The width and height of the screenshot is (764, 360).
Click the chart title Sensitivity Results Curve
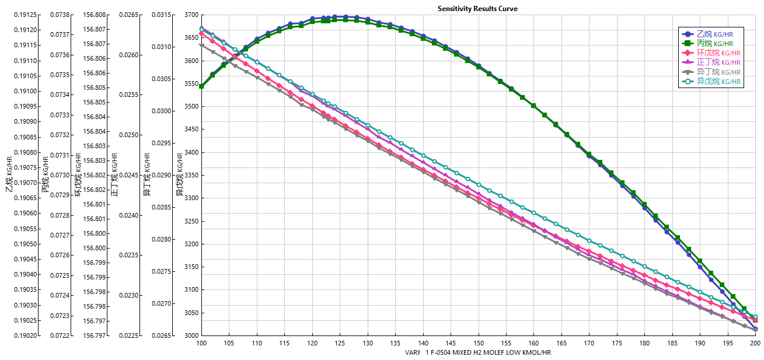click(x=477, y=9)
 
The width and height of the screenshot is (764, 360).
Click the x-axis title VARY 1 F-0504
click(x=477, y=352)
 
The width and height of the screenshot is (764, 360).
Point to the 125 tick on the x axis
click(x=340, y=343)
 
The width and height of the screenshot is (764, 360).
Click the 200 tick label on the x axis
click(x=755, y=343)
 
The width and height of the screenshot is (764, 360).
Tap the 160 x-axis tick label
click(x=533, y=343)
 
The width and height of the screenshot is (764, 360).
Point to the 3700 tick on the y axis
click(x=190, y=15)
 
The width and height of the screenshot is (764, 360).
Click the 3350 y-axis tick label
click(x=190, y=175)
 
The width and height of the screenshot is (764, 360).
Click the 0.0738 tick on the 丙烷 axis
click(x=61, y=15)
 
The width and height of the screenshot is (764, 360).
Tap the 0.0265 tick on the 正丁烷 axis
click(x=130, y=15)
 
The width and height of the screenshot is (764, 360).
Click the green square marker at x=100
click(x=201, y=86)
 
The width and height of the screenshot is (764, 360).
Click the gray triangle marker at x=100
click(x=201, y=45)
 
